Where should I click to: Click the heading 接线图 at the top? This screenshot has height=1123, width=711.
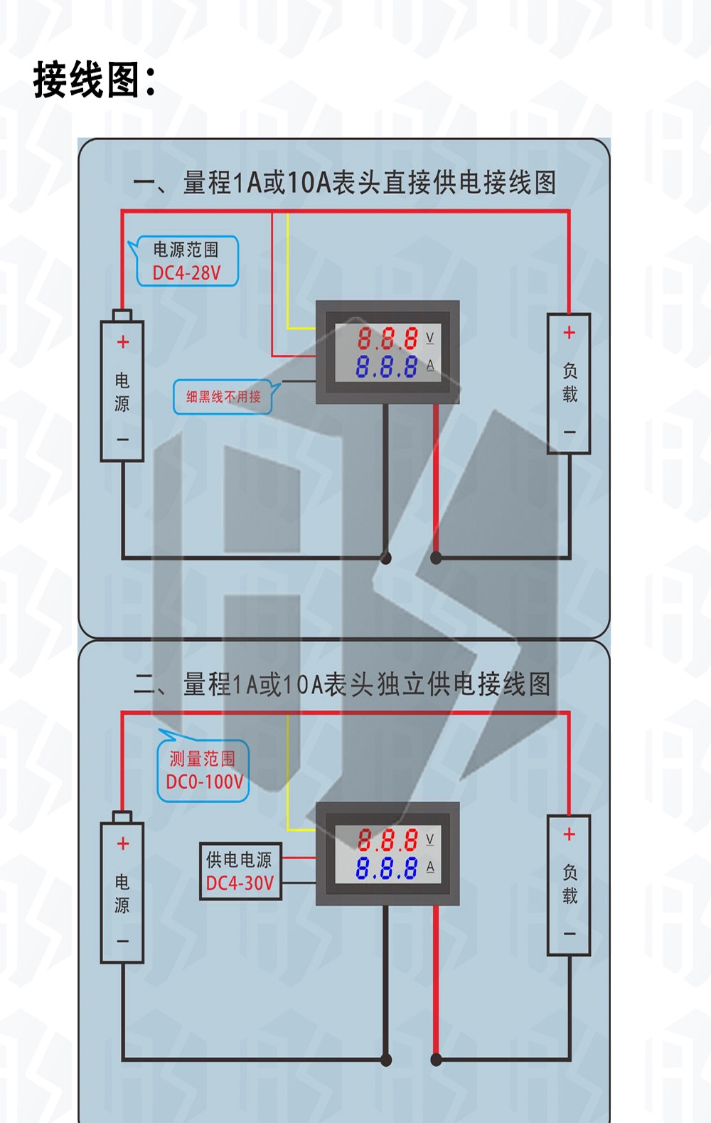pos(94,79)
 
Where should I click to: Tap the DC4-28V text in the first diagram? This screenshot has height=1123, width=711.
pos(186,272)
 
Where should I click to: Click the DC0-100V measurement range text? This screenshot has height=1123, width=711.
pos(205,782)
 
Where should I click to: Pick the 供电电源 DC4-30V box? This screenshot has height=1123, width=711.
pos(240,871)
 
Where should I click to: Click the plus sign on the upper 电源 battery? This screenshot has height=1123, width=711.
pos(123,342)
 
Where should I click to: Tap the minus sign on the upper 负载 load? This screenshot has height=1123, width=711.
pos(570,432)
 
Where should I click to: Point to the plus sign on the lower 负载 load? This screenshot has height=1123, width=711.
pos(570,834)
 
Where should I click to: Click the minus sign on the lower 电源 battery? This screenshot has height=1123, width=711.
pos(123,941)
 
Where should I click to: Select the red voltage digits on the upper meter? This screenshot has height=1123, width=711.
pos(387,339)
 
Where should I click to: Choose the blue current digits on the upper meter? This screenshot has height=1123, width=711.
pos(386,366)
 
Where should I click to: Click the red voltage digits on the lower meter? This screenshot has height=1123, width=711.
pos(387,840)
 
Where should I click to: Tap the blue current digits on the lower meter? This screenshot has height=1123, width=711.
pos(386,868)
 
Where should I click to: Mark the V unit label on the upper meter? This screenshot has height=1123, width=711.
pos(430,338)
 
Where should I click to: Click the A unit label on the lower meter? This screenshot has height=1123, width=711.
pos(430,867)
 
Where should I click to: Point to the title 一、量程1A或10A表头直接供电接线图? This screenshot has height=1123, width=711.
pos(345,183)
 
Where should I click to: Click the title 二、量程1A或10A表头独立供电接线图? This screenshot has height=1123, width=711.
pos(342,683)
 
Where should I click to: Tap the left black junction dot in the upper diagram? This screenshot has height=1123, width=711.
pos(386,558)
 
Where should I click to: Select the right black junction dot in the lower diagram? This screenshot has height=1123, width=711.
pos(436,1059)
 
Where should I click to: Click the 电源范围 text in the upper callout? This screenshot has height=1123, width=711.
pos(186,249)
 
